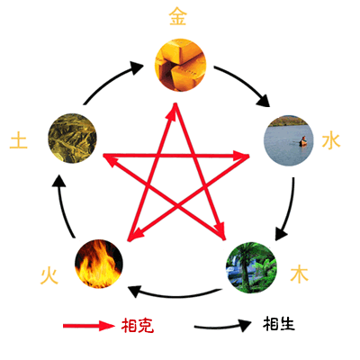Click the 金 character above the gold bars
pos(178,16)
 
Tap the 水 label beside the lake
pos(331,140)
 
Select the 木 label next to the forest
pos(299,274)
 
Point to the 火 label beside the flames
pos(49,275)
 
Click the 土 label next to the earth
pos(19,140)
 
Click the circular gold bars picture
pos(180,65)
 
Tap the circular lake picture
pos(289,140)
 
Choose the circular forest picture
pos(251,267)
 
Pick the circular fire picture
pos(99,264)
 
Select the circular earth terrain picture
pos(72,139)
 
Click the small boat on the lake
pos(303,141)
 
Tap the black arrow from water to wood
pos(287,210)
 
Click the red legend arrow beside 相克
pos(89,326)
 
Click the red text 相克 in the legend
pos(138,325)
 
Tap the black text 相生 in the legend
pos(279,323)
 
